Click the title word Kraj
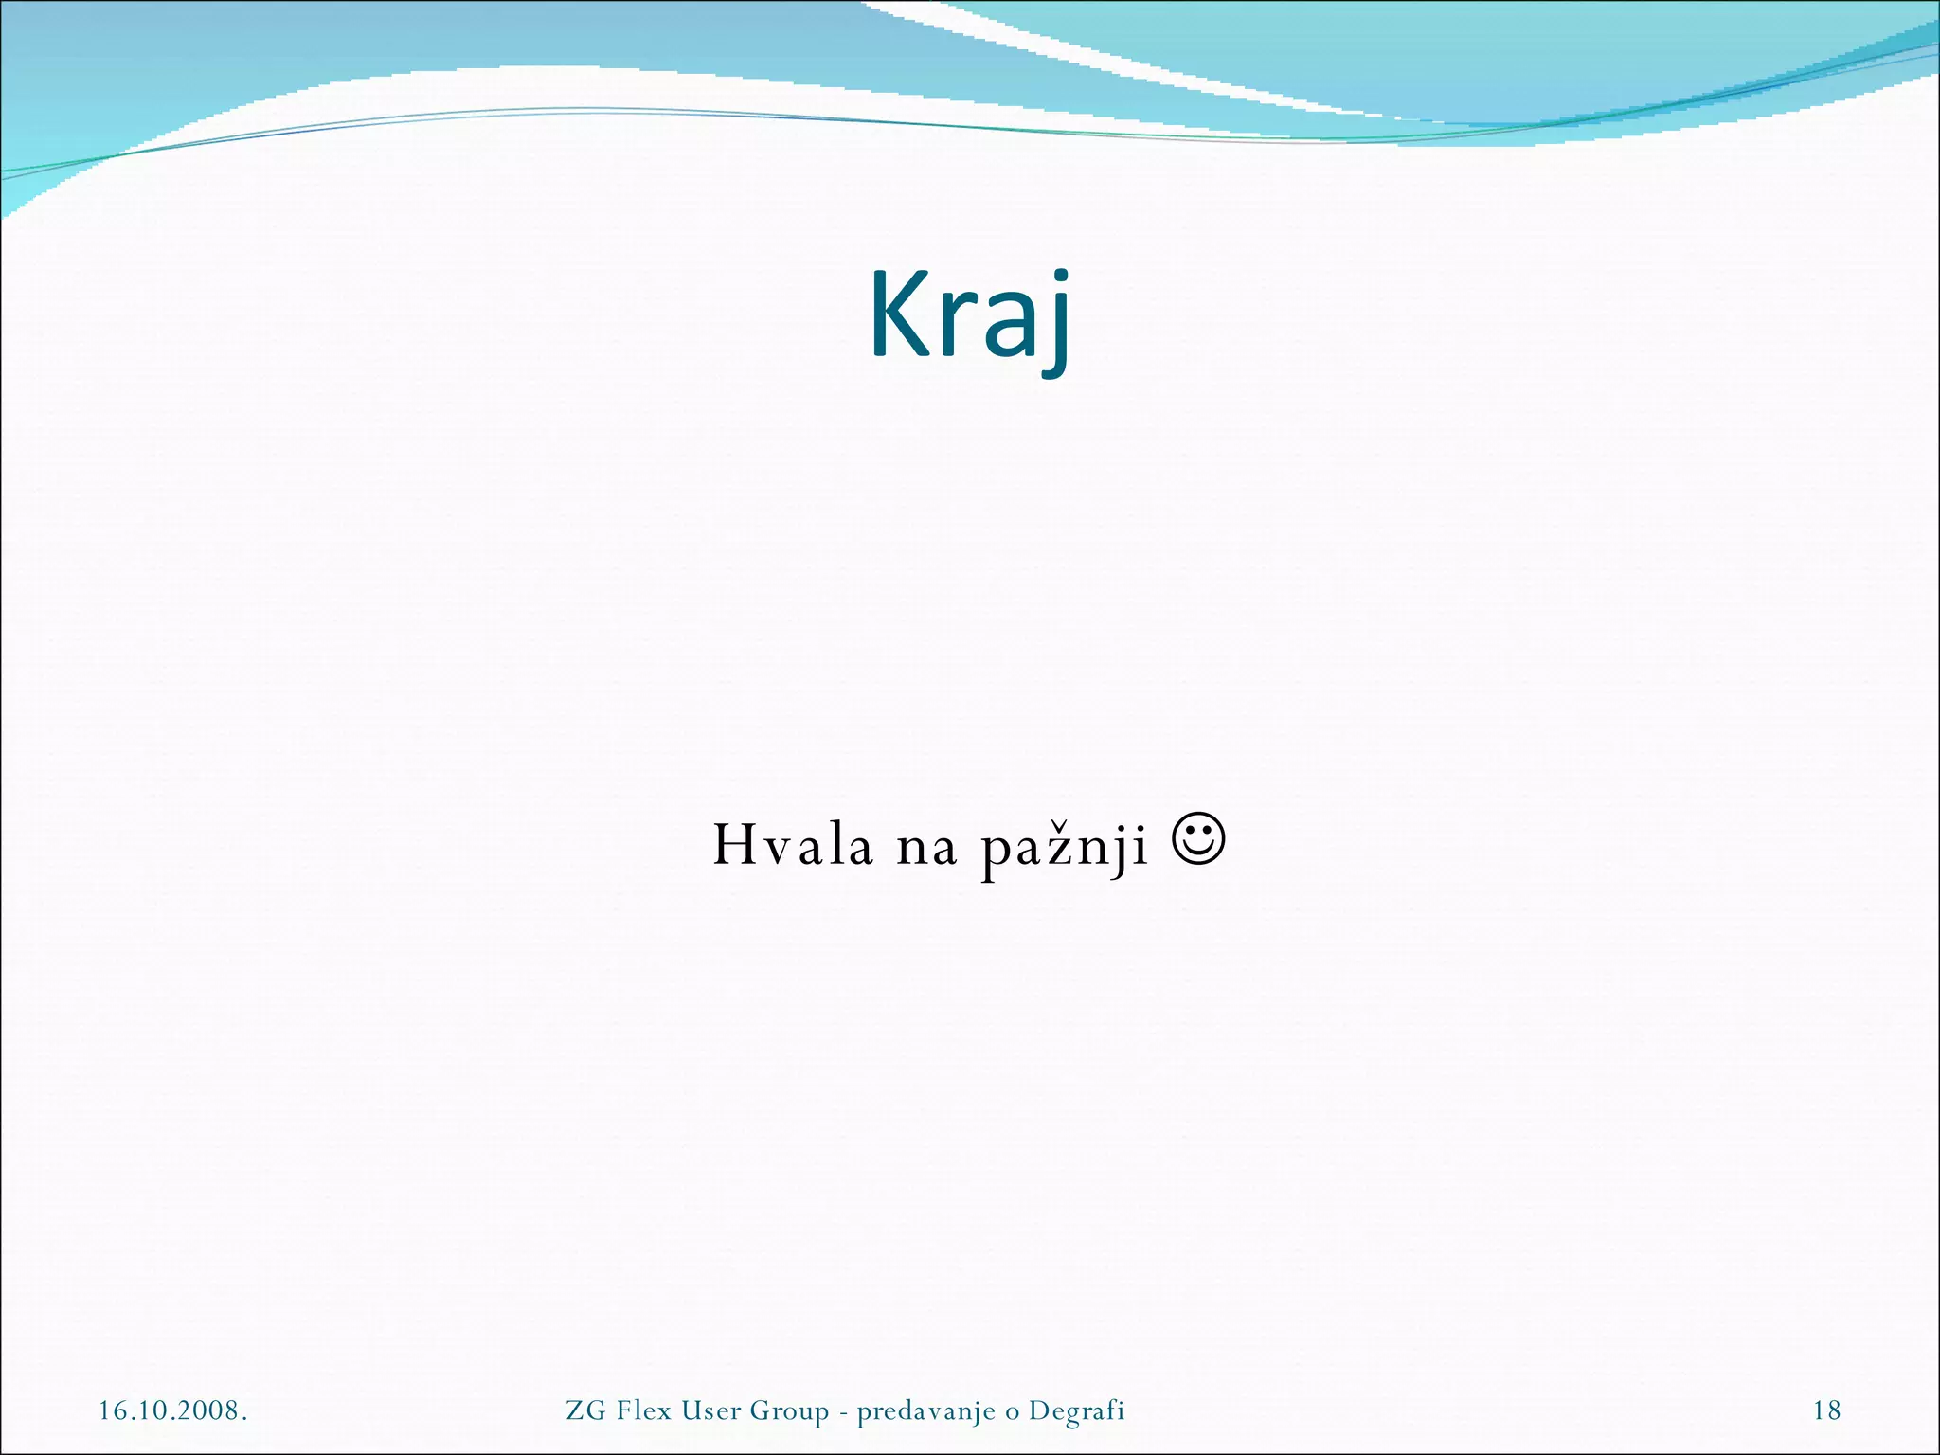970,316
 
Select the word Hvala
792,845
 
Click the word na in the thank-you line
926,847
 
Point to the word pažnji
1064,849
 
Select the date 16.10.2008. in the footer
173,1410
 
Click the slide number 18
1826,1410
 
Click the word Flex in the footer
644,1410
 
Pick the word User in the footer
711,1410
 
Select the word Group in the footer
789,1411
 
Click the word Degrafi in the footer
1076,1411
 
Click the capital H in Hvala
731,845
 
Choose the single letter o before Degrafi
1012,1412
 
